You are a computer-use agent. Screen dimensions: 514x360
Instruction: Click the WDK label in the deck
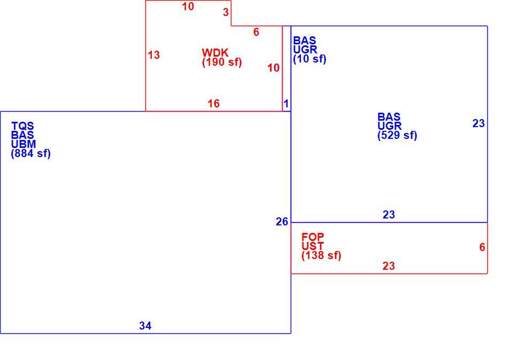pyautogui.click(x=215, y=53)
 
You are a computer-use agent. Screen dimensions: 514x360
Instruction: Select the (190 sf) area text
pyautogui.click(x=222, y=62)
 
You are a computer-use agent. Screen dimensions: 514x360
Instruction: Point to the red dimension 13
pyautogui.click(x=154, y=55)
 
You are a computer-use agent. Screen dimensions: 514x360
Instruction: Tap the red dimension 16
pyautogui.click(x=213, y=104)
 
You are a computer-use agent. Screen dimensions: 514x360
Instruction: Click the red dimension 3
pyautogui.click(x=225, y=12)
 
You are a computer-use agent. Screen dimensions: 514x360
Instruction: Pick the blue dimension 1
pyautogui.click(x=286, y=104)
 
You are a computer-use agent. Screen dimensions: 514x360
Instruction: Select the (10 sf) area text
pyautogui.click(x=310, y=59)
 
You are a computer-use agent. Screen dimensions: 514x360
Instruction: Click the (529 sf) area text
pyautogui.click(x=398, y=135)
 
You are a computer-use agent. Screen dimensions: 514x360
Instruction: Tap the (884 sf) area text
pyautogui.click(x=31, y=153)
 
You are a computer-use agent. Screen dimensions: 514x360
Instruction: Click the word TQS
pyautogui.click(x=22, y=126)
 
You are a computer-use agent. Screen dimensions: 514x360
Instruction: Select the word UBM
pyautogui.click(x=24, y=144)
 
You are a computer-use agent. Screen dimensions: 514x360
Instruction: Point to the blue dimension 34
pyautogui.click(x=145, y=326)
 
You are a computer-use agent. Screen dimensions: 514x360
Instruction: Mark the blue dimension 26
pyautogui.click(x=282, y=222)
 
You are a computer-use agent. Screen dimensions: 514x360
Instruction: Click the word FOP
pyautogui.click(x=313, y=237)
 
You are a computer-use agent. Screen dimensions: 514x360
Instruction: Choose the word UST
pyautogui.click(x=313, y=246)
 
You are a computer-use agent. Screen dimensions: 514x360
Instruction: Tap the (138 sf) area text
pyautogui.click(x=322, y=255)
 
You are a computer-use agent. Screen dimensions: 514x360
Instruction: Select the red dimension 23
pyautogui.click(x=389, y=266)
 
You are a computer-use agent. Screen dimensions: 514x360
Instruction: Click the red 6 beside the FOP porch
pyautogui.click(x=482, y=247)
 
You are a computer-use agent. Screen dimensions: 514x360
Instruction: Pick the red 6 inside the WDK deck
pyautogui.click(x=256, y=32)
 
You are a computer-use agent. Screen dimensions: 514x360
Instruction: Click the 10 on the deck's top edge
pyautogui.click(x=188, y=6)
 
